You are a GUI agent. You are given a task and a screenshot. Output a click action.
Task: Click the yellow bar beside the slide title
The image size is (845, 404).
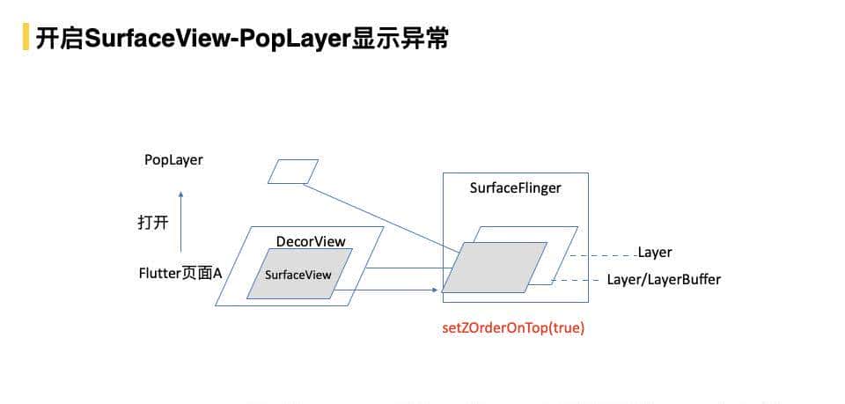[x=26, y=38]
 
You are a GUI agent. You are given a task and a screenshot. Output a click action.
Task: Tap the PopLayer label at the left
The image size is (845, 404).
[x=173, y=160]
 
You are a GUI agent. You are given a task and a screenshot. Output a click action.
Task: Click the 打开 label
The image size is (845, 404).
[x=152, y=223]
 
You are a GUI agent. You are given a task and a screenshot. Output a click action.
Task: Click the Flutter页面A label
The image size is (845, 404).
[x=180, y=274]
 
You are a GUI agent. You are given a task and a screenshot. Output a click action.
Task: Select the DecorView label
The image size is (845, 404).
[x=311, y=242]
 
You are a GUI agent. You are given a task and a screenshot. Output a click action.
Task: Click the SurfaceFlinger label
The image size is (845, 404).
[x=515, y=187]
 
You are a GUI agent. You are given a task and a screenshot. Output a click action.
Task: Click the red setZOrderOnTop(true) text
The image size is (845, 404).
[x=513, y=328]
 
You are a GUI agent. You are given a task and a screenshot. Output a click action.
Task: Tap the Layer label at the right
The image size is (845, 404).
[x=655, y=253]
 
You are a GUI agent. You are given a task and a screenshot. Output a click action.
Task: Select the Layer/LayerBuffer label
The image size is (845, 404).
[x=664, y=280]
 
